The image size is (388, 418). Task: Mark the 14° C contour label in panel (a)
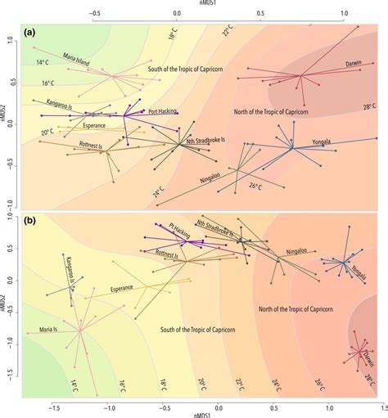pyautogui.click(x=43, y=62)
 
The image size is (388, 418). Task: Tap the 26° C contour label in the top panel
pyautogui.click(x=255, y=187)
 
